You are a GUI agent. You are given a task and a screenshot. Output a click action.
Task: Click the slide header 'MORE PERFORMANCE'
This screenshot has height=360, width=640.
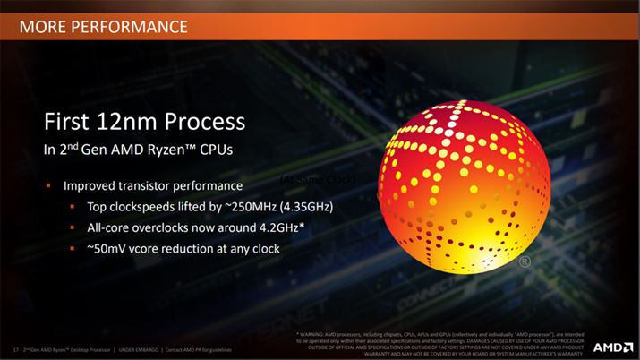pos(103,25)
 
